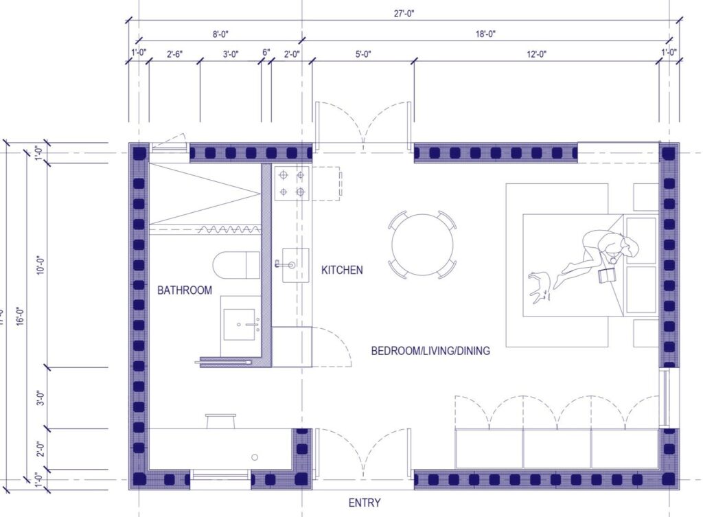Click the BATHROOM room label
[185, 290]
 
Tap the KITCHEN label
[342, 270]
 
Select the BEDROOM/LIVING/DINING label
[430, 351]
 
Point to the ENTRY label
[365, 503]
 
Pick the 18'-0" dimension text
[485, 34]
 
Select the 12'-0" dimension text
[536, 54]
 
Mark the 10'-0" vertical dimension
[39, 264]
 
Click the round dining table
[423, 244]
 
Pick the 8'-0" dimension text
[220, 34]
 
